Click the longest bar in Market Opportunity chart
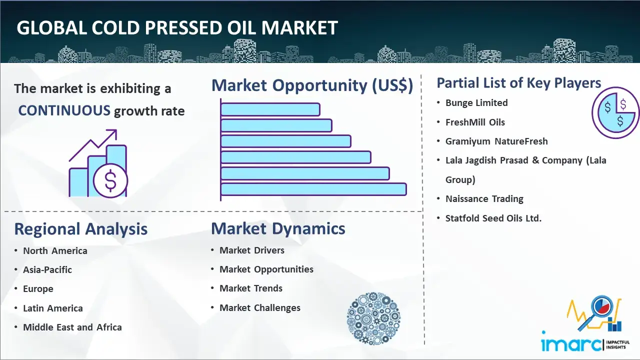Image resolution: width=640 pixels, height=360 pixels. click(313, 189)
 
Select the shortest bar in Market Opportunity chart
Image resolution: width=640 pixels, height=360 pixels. click(270, 109)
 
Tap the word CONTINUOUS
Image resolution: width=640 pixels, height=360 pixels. click(64, 110)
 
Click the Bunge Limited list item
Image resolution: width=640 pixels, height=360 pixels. click(476, 103)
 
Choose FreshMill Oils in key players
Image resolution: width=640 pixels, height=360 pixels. click(475, 122)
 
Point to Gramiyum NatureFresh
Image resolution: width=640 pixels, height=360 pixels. click(496, 141)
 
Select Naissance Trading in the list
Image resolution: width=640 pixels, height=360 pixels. click(484, 199)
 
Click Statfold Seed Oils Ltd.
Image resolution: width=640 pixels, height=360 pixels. click(493, 218)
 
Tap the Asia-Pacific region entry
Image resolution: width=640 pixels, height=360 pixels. click(47, 269)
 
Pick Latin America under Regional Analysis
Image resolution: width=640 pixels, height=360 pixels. click(53, 308)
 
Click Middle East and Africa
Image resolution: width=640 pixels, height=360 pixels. click(72, 327)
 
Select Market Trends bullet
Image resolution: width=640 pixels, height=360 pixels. click(251, 288)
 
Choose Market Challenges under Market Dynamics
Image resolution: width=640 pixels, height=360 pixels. click(260, 307)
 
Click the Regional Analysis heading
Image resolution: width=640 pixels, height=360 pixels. click(81, 229)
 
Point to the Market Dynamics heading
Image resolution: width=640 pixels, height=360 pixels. click(278, 228)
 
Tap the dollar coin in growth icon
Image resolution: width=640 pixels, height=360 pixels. click(110, 181)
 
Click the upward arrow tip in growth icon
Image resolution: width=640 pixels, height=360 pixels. click(116, 130)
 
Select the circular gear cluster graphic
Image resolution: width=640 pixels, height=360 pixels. click(373, 318)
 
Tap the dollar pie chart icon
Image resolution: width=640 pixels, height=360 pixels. click(615, 112)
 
